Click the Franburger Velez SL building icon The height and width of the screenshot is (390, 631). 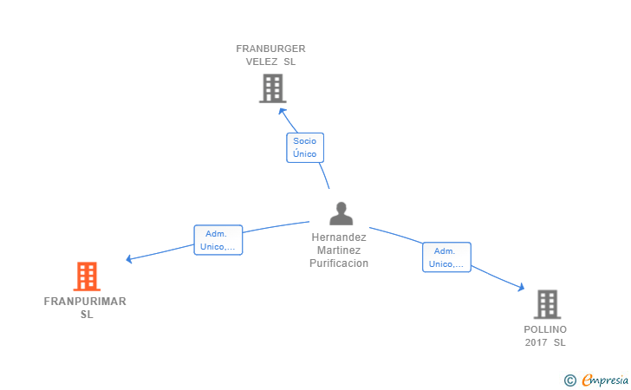click(272, 88)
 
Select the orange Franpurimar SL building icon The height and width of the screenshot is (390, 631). click(87, 276)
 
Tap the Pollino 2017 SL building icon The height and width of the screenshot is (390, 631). click(546, 304)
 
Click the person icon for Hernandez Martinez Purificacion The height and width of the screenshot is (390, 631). click(342, 213)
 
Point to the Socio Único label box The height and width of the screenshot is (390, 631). click(305, 147)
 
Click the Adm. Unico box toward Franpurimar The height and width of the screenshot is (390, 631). click(218, 240)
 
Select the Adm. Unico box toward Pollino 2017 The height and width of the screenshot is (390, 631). click(446, 257)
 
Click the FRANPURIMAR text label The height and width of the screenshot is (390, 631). click(85, 302)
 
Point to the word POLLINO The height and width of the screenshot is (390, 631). click(545, 329)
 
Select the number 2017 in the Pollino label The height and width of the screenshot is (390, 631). click(536, 342)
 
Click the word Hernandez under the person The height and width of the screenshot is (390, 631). click(339, 237)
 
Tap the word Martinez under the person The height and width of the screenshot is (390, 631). click(339, 250)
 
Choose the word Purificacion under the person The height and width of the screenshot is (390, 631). click(339, 263)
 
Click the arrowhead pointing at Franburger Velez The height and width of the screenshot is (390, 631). click(282, 108)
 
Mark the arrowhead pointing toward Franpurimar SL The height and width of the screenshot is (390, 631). click(129, 258)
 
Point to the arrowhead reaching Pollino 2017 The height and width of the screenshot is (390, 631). click(521, 288)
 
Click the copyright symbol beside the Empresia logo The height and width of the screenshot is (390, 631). click(569, 380)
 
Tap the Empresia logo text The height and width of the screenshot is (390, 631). click(605, 379)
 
